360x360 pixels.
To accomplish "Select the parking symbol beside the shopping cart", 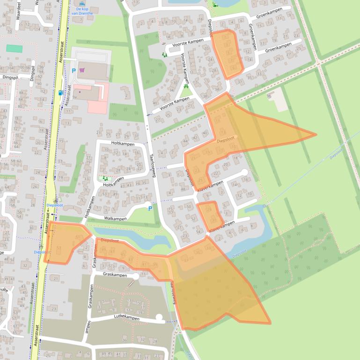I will (73, 71).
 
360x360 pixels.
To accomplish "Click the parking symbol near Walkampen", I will (150, 209).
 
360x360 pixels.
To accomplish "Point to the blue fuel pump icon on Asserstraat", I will (60, 93).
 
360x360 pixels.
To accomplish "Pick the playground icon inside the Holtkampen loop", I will (105, 178).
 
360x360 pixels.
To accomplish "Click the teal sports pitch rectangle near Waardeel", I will (14, 48).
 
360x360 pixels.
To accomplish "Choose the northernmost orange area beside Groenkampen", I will (227, 53).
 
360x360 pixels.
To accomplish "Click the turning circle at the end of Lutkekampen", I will (159, 318).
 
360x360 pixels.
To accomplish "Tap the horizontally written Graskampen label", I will (115, 275).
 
